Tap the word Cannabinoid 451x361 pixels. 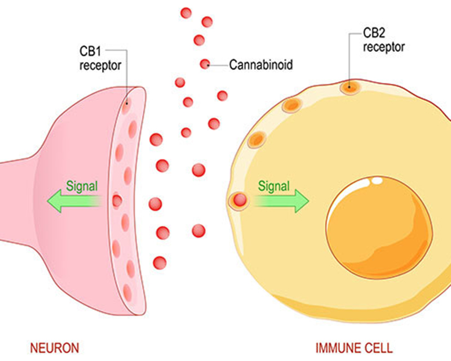[x=260, y=65]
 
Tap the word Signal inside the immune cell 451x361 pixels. [x=274, y=185]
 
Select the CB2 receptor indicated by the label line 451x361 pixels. [x=349, y=87]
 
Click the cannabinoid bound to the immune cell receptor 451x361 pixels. [x=239, y=199]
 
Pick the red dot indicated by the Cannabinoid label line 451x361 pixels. [x=205, y=64]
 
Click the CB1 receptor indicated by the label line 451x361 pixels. [x=126, y=103]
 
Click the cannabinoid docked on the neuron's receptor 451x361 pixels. [x=117, y=200]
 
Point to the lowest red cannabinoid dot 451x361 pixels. [x=160, y=262]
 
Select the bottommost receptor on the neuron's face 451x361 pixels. [x=127, y=291]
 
